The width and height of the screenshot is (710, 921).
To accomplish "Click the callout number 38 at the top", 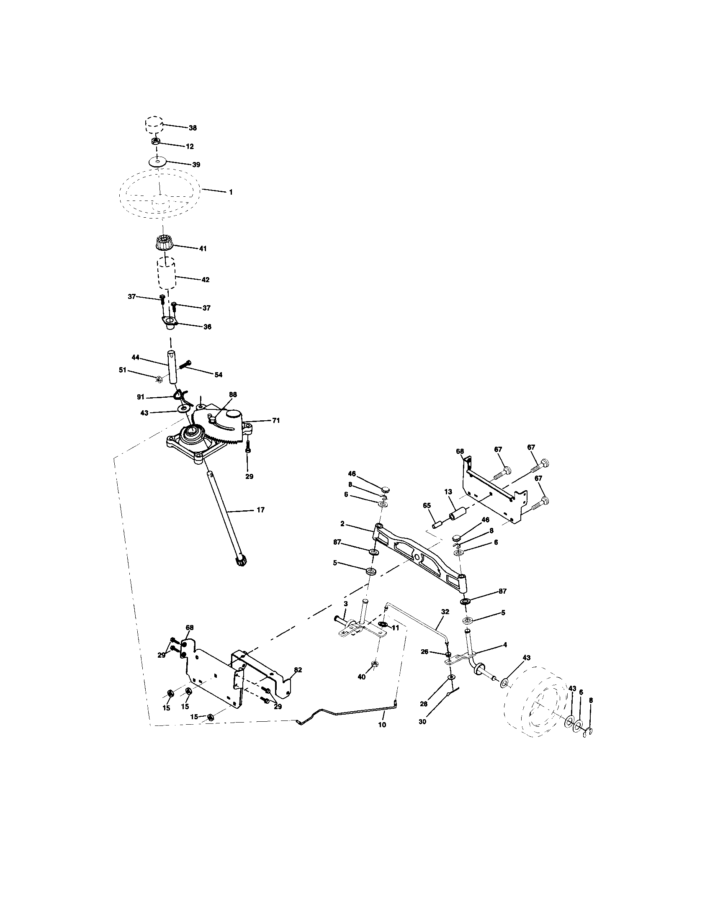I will (193, 128).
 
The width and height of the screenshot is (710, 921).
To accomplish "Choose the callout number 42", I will (205, 280).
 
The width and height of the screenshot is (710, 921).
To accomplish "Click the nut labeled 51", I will (159, 379).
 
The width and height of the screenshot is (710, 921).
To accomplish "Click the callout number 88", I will (233, 394).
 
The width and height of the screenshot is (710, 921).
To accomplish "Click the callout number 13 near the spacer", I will (448, 492).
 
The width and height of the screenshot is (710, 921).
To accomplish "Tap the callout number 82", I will (298, 670).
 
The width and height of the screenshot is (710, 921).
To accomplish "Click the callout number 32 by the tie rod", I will (445, 611).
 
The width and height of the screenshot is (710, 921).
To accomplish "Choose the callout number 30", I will (422, 722).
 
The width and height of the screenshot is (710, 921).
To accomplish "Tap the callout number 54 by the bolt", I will (218, 375).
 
